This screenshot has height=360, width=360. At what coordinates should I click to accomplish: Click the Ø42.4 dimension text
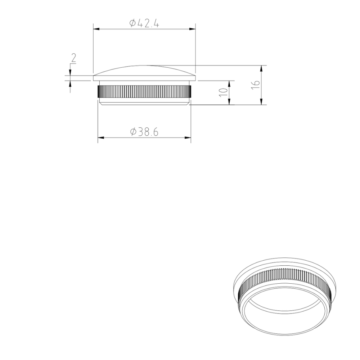(144, 23)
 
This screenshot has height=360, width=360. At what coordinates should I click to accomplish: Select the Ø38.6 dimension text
(144, 132)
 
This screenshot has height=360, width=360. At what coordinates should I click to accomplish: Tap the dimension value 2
(73, 58)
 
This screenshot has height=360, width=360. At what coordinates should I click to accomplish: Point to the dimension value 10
(223, 91)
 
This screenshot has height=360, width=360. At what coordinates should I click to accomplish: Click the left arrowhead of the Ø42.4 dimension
(96, 29)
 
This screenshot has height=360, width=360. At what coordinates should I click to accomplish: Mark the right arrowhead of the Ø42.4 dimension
(193, 29)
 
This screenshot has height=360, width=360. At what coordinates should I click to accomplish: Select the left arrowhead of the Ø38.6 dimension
(101, 138)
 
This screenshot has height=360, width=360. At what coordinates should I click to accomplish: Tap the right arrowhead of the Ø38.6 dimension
(188, 138)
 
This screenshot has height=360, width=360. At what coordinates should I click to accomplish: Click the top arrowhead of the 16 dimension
(261, 68)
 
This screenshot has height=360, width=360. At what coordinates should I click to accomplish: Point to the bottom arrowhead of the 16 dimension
(261, 102)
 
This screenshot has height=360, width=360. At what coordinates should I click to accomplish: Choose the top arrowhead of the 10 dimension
(229, 83)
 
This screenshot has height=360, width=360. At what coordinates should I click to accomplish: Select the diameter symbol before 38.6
(133, 132)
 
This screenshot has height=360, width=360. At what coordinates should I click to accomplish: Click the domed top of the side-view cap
(144, 70)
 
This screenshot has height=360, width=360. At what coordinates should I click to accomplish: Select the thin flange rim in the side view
(144, 78)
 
